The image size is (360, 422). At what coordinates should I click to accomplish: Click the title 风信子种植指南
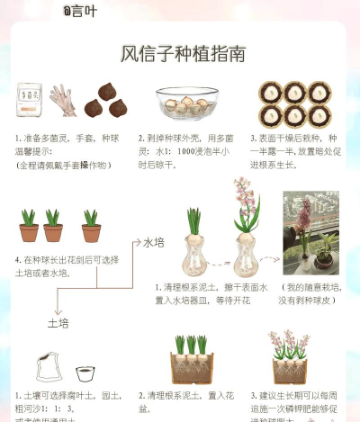[183, 53]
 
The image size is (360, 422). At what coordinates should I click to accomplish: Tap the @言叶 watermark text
[80, 10]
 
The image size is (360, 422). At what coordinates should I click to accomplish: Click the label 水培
[155, 242]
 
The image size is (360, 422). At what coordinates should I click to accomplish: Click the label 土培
[58, 322]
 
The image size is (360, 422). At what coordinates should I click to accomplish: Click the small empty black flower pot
[85, 373]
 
